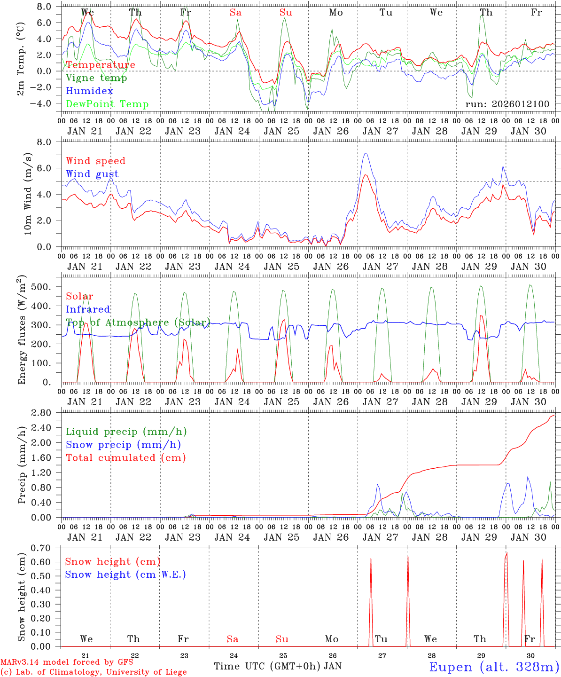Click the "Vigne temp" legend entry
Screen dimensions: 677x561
click(x=96, y=78)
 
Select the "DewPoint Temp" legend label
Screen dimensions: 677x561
click(x=107, y=104)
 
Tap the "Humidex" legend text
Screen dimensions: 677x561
click(x=89, y=91)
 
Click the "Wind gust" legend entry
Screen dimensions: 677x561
click(x=92, y=174)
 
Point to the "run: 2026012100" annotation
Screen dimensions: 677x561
click(x=507, y=104)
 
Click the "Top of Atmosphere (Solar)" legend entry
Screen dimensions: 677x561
click(x=138, y=323)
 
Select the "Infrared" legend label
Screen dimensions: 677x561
click(x=88, y=309)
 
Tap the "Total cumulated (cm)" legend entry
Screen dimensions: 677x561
click(x=125, y=457)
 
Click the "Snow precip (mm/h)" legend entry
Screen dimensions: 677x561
click(x=123, y=445)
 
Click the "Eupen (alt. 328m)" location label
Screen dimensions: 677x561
click(x=494, y=667)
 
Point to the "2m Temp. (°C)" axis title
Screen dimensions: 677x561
click(x=21, y=58)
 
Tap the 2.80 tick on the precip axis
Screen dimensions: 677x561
click(x=47, y=413)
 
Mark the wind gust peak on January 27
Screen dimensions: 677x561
click(x=365, y=153)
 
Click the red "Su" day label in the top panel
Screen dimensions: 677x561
click(x=286, y=13)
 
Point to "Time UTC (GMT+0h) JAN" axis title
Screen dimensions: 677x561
click(x=278, y=666)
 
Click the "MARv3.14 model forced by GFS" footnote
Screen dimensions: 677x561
click(x=66, y=662)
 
